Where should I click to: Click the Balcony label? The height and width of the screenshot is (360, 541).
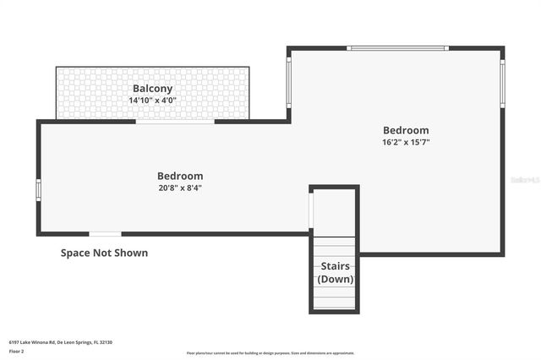(152, 88)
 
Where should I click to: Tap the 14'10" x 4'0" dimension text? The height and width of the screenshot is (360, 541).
(152, 100)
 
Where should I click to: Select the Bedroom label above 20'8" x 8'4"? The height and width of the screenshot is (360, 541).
(180, 176)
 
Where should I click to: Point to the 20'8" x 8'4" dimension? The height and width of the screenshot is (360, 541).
(180, 188)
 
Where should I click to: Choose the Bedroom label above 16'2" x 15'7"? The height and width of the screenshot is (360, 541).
(406, 130)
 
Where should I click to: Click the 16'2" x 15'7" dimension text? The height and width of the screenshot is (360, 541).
(406, 142)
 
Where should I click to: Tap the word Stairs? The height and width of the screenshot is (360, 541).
(335, 266)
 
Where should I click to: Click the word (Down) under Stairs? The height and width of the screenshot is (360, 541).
(335, 279)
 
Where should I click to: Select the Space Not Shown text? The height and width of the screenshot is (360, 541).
(104, 253)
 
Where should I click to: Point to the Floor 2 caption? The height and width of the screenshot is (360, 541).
(17, 350)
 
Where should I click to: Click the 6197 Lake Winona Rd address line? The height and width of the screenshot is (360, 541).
(60, 341)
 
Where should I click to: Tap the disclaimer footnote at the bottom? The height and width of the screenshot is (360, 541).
(270, 353)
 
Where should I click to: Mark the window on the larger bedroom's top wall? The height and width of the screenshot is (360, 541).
(397, 48)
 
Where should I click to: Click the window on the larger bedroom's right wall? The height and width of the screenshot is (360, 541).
(502, 83)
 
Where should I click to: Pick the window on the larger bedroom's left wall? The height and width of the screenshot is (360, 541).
(288, 83)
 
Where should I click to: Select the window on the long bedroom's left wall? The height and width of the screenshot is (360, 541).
(38, 189)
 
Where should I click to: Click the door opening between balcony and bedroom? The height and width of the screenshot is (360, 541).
(175, 122)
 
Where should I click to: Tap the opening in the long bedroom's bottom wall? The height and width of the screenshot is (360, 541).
(105, 234)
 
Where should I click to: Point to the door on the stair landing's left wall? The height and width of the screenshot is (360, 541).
(311, 211)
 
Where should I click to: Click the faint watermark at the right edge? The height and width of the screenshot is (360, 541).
(525, 180)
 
